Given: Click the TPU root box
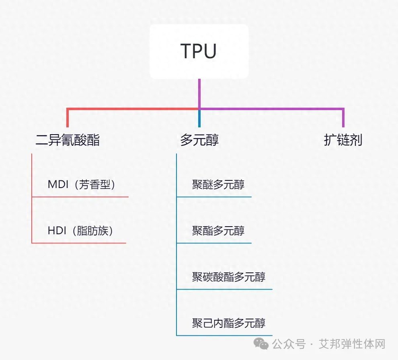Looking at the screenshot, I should coord(199,51).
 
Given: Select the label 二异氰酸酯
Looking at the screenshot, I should coord(68,140).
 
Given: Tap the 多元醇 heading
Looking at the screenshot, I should coord(199,140).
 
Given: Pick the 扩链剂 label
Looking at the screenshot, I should coord(343,140).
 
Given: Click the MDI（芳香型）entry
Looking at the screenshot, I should coord(82,185).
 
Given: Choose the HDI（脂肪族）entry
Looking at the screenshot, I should coord(80,231).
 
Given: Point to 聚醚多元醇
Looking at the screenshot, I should coord(218,185).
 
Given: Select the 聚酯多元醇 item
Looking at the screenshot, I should coord(218,231).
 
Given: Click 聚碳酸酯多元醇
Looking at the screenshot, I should coord(229,277).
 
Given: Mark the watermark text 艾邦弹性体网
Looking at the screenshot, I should coord(352,344).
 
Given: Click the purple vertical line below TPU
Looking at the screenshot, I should coord(199,93).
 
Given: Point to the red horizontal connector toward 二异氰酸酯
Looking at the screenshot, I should coord(133,109).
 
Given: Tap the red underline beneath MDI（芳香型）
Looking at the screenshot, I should coord(80,197).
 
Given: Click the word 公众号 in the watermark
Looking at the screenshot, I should coord(289,344).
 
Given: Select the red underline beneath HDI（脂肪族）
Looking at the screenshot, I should coord(79,243).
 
